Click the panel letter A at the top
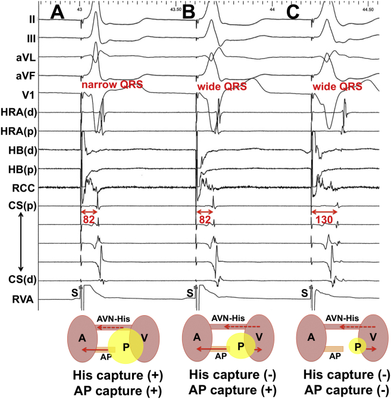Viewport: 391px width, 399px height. pyautogui.click(x=58, y=12)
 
